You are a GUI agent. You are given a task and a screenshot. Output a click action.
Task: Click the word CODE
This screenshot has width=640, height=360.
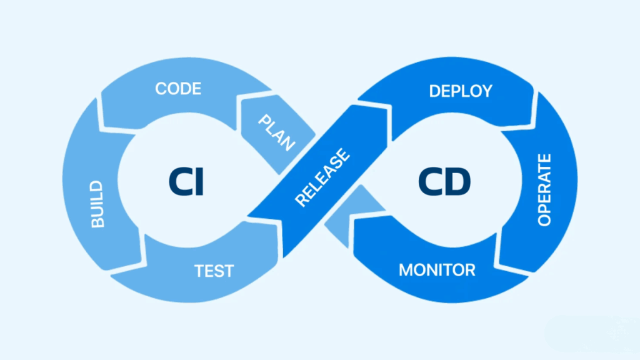click(178, 89)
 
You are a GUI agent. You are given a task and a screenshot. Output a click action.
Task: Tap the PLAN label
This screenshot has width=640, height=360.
click(277, 131)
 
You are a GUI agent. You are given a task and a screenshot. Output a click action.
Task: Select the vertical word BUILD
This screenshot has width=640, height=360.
click(98, 204)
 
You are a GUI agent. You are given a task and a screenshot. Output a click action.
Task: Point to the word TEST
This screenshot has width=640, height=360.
click(214, 271)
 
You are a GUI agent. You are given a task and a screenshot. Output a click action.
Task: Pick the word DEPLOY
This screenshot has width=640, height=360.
click(461, 91)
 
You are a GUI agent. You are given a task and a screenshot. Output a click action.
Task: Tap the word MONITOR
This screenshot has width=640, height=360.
click(437, 271)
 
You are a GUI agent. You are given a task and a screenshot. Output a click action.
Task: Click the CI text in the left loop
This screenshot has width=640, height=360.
click(186, 182)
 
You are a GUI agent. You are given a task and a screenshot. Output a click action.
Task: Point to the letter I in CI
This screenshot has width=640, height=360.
click(199, 182)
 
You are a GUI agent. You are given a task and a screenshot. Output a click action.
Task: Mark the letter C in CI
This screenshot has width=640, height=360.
click(179, 182)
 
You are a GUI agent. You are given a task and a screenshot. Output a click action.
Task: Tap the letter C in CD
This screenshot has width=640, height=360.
click(428, 182)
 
